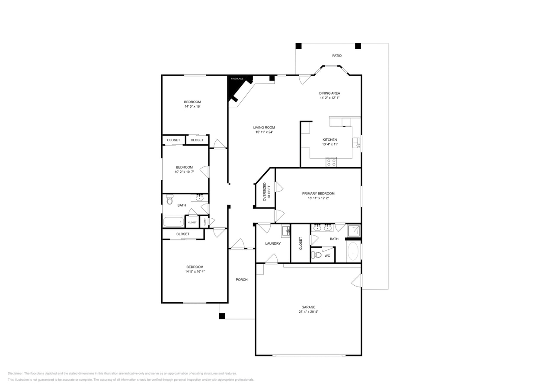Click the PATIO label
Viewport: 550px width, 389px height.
pyautogui.click(x=336, y=56)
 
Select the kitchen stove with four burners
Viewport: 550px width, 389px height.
pyautogui.click(x=331, y=163)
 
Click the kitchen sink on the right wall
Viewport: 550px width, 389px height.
pyautogui.click(x=356, y=143)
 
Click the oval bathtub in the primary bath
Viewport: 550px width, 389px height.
pyautogui.click(x=353, y=252)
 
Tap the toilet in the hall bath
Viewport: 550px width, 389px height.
pyautogui.click(x=169, y=200)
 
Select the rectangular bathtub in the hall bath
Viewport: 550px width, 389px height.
pyautogui.click(x=173, y=222)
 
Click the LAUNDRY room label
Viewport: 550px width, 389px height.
pyautogui.click(x=273, y=244)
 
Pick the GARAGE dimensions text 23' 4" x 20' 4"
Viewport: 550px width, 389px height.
pyautogui.click(x=308, y=312)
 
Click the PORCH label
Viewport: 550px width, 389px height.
pyautogui.click(x=241, y=280)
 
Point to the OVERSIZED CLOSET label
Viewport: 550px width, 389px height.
pyautogui.click(x=266, y=191)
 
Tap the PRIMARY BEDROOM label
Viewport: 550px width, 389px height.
pyautogui.click(x=318, y=194)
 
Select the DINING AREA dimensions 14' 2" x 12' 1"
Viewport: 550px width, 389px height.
pyautogui.click(x=329, y=98)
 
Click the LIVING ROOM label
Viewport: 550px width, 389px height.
pyautogui.click(x=264, y=128)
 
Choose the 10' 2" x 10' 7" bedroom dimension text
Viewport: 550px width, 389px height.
pyautogui.click(x=184, y=172)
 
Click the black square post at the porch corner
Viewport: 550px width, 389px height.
pyautogui.click(x=222, y=316)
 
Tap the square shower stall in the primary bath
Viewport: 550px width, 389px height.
pyautogui.click(x=354, y=230)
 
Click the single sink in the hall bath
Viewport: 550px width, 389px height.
pyautogui.click(x=199, y=198)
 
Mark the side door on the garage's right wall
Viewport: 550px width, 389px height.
pyautogui.click(x=357, y=281)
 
